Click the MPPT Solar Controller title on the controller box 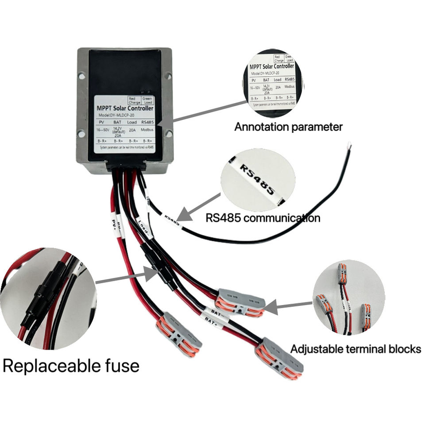125,108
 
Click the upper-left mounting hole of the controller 82,77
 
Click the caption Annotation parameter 288,127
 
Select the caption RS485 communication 263,218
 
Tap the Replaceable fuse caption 71,366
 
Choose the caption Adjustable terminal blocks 355,349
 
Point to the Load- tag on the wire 144,226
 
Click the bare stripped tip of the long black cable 350,144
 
